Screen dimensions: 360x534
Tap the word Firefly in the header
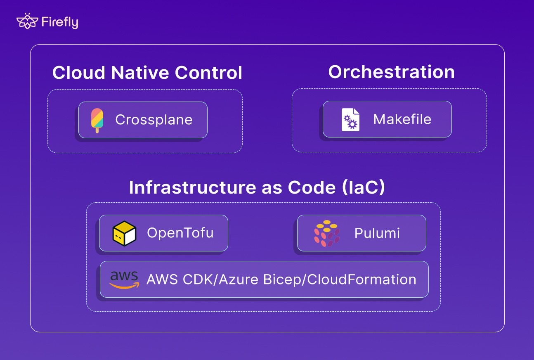(59, 22)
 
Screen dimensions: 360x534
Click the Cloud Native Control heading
(147, 73)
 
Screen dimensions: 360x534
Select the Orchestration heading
(391, 72)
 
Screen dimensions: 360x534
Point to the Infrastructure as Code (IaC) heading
(257, 187)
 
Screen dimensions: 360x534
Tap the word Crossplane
(154, 120)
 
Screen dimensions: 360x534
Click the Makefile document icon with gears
(350, 120)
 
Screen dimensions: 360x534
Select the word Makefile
(402, 119)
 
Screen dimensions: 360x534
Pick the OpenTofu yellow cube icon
(124, 233)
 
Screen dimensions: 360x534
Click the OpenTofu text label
(180, 233)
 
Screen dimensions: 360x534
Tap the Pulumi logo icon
(326, 233)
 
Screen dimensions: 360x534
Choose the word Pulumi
(377, 233)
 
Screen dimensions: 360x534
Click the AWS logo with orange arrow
(124, 279)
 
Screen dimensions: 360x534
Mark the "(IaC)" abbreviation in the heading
(363, 187)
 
